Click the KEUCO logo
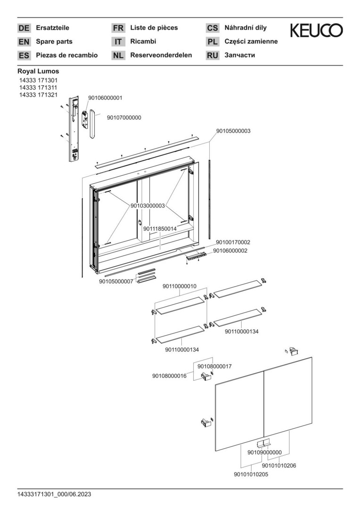pyautogui.click(x=316, y=31)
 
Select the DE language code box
pyautogui.click(x=24, y=28)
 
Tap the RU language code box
pyautogui.click(x=213, y=56)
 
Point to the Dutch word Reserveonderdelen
pyautogui.click(x=161, y=55)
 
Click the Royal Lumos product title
pyautogui.click(x=38, y=71)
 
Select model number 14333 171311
pyautogui.click(x=38, y=88)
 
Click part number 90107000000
pyautogui.click(x=124, y=117)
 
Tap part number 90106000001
pyautogui.click(x=105, y=98)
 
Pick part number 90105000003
pyautogui.click(x=233, y=131)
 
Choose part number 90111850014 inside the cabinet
pyautogui.click(x=160, y=229)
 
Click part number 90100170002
pyautogui.click(x=233, y=242)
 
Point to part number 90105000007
pyautogui.click(x=116, y=281)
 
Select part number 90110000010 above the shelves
pyautogui.click(x=180, y=286)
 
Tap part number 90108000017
pyautogui.click(x=214, y=366)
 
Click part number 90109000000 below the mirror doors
pyautogui.click(x=264, y=452)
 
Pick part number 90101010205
pyautogui.click(x=251, y=475)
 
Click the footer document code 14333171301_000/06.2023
pyautogui.click(x=55, y=494)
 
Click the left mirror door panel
pyautogui.click(x=240, y=410)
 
